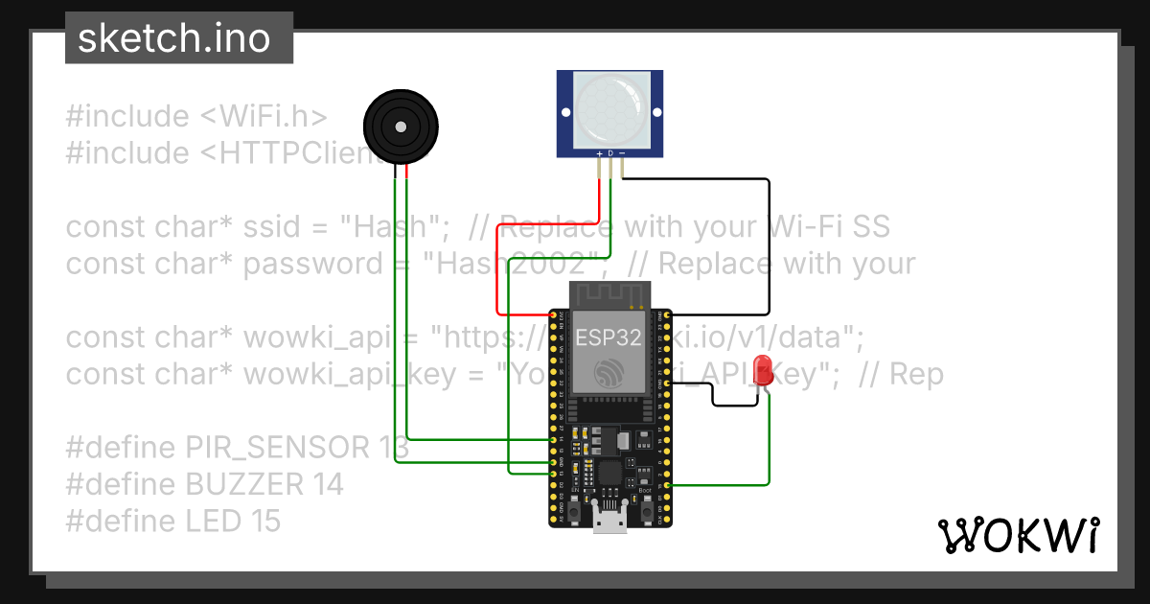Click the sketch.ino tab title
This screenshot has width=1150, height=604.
pos(172,38)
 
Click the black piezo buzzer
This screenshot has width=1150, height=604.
pos(401,126)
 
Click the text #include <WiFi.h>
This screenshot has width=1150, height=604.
pos(196,116)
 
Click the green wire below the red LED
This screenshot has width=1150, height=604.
pos(770,441)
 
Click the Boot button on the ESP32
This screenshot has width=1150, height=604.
pos(647,512)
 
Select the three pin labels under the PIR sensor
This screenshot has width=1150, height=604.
pos(611,153)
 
